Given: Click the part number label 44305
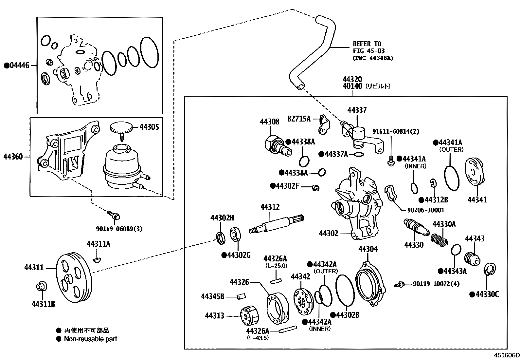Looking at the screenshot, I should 149,127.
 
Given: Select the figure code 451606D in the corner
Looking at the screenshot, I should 507,355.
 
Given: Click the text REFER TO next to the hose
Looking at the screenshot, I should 367,44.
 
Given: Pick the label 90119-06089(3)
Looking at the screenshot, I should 119,229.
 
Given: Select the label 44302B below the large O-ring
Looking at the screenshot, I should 348,315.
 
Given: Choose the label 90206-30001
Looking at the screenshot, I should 425,210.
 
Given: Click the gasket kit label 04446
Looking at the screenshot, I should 20,66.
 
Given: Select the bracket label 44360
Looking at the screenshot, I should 13,157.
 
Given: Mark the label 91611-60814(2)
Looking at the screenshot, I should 395,131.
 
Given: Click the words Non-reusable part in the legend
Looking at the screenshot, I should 90,339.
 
